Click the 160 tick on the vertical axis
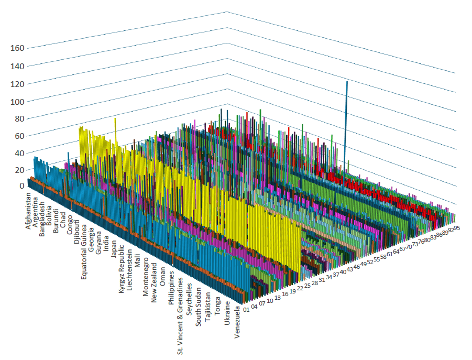(x=17, y=48)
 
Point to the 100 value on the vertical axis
(x=17, y=101)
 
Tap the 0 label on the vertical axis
(x=22, y=186)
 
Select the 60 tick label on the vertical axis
(x=19, y=136)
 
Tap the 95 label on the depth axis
(x=457, y=228)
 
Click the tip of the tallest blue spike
(x=346, y=82)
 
